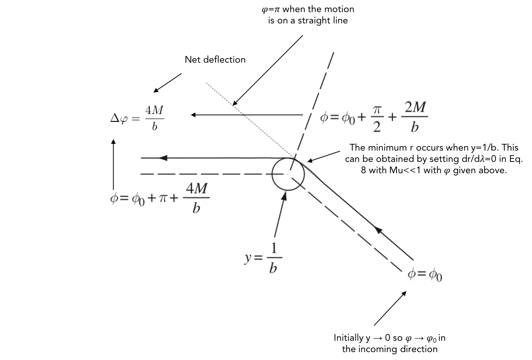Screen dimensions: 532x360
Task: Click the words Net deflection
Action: pos(215,60)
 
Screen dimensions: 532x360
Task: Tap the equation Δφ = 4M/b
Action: pos(137,118)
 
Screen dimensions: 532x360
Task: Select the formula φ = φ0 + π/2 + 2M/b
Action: pos(374,117)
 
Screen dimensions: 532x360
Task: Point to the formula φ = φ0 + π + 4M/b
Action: pos(160,198)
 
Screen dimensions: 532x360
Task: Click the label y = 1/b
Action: pos(263,258)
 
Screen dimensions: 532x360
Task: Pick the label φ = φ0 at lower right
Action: pos(425,275)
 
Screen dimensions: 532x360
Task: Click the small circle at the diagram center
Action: pos(288,174)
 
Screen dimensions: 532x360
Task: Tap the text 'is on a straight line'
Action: pos(308,20)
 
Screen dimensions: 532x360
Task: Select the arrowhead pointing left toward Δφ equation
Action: pos(193,115)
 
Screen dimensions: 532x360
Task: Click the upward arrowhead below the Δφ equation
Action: pos(113,142)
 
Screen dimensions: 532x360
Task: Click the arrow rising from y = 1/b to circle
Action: pos(279,215)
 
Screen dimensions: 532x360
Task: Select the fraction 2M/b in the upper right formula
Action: pos(415,117)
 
